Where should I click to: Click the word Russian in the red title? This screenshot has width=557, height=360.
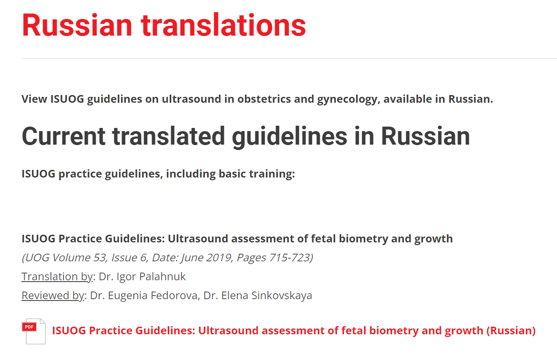77,25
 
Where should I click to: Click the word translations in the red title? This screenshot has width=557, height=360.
223,25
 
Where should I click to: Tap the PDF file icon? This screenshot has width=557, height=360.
34,331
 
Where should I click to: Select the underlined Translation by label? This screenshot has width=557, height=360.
57,276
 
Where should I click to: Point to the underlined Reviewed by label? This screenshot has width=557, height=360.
53,295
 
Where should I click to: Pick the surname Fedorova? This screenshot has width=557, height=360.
174,295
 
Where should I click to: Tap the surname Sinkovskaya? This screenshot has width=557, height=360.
282,295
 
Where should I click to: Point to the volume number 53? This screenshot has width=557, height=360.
100,258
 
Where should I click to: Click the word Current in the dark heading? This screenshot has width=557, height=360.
63,136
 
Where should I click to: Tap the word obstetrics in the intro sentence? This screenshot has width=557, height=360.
264,99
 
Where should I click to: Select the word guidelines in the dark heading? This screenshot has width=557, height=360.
290,137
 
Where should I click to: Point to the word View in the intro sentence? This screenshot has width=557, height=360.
34,99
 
